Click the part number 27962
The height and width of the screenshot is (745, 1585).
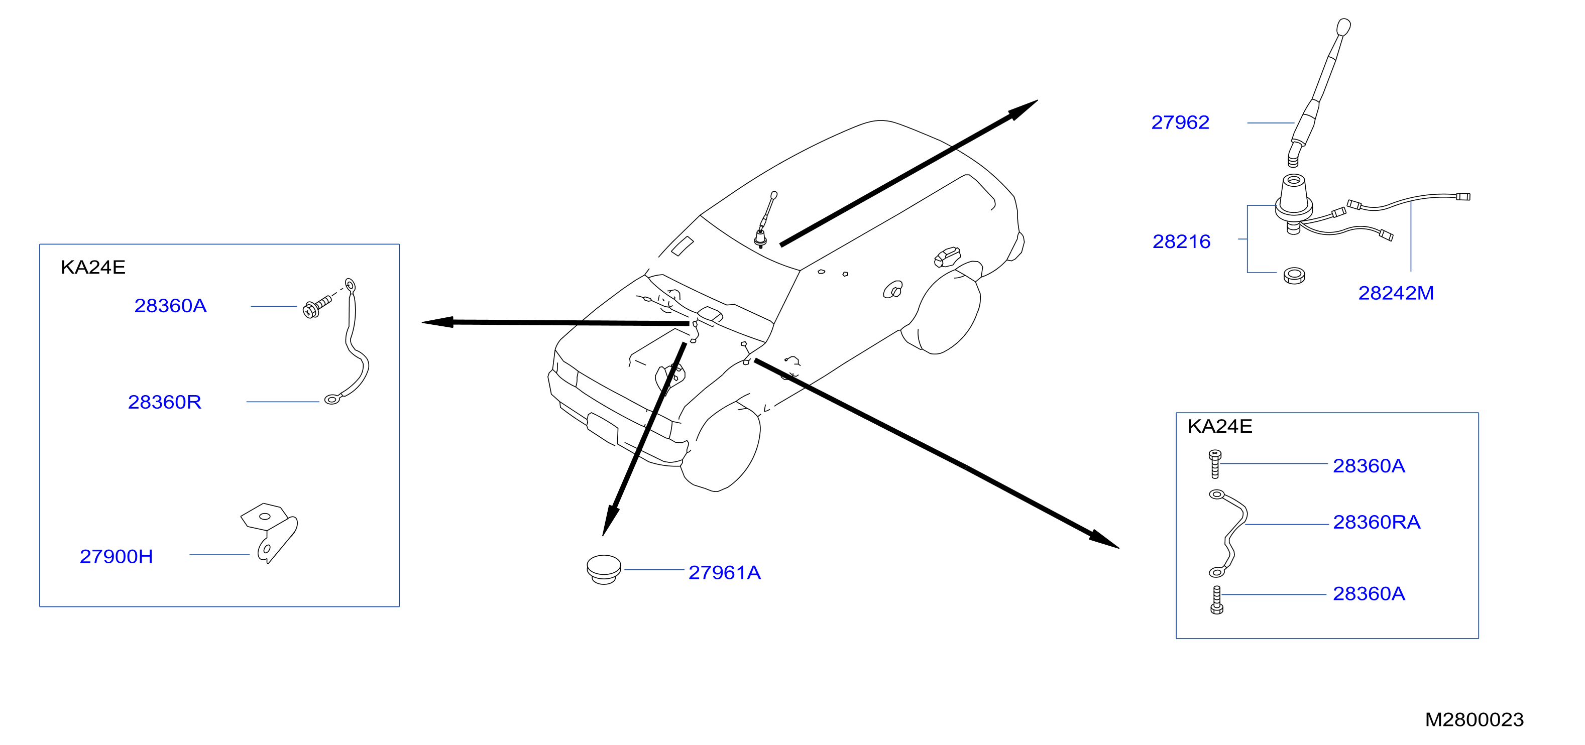1180,122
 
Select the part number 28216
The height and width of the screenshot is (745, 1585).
1181,242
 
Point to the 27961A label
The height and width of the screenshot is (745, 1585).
724,573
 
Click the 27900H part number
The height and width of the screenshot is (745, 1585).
117,557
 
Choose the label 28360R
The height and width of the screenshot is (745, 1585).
164,402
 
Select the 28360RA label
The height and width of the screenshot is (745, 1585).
1377,522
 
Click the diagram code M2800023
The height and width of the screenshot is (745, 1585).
1474,720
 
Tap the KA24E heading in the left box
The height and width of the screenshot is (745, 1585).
93,268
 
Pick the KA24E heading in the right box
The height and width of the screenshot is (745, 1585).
1219,426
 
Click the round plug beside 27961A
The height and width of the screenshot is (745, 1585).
604,570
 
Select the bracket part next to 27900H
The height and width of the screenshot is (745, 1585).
268,533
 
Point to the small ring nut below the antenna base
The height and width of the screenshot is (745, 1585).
1295,276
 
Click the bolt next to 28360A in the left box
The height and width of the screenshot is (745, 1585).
317,306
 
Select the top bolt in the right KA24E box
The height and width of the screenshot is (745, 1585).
1214,464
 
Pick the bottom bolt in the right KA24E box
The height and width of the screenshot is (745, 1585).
1216,600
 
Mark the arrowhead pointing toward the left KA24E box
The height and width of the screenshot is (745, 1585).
437,322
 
